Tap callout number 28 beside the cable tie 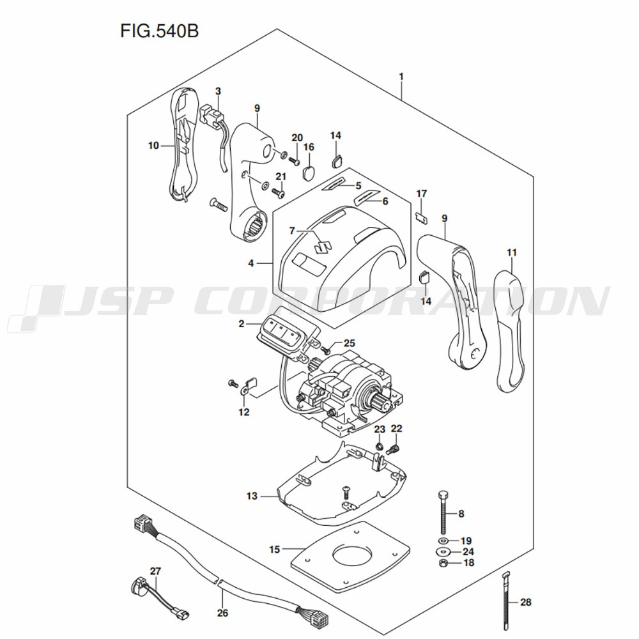click(x=525, y=602)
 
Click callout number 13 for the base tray click(x=251, y=496)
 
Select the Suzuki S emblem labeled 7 click(x=322, y=245)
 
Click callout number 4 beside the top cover click(x=251, y=263)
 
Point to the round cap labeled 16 click(x=309, y=172)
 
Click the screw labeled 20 click(x=295, y=160)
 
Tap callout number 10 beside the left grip click(x=153, y=145)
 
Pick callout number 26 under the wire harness click(x=222, y=613)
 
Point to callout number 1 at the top click(x=401, y=77)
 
